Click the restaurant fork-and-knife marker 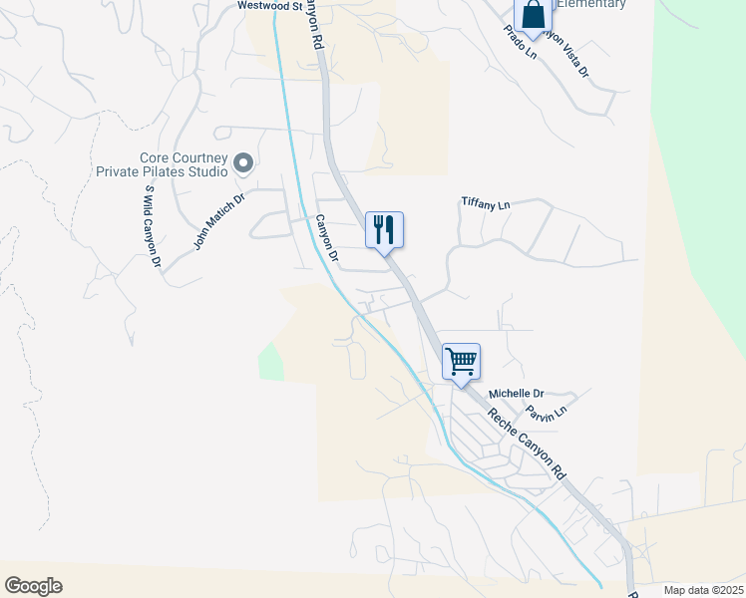384,230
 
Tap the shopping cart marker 461,362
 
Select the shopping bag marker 534,16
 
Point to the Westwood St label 269,6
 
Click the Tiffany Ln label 486,203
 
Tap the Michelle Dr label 516,394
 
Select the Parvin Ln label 546,411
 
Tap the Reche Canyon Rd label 526,446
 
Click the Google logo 33,586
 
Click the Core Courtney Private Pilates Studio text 184,164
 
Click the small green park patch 269,361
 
